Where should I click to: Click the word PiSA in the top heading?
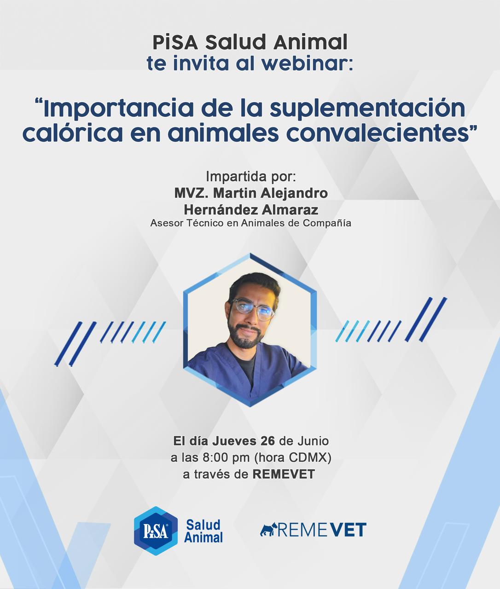(x=175, y=42)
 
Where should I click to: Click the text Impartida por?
(x=251, y=177)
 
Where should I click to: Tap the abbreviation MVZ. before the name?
(x=192, y=193)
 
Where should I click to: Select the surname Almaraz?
(x=290, y=210)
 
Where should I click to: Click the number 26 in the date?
(x=267, y=441)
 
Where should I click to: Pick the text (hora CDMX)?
(x=292, y=458)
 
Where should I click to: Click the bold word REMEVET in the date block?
(x=284, y=474)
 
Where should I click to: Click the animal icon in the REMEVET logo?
(x=268, y=530)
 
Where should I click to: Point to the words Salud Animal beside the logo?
(x=203, y=531)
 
